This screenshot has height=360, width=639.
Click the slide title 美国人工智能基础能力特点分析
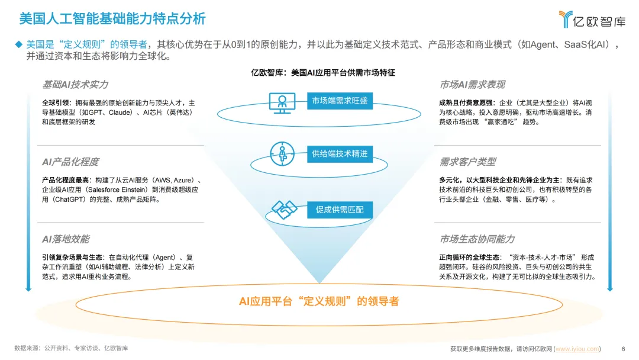click(x=112, y=18)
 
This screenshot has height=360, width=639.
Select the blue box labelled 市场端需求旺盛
click(x=340, y=101)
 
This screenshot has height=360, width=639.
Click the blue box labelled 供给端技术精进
click(x=340, y=154)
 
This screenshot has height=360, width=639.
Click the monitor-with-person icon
click(x=282, y=102)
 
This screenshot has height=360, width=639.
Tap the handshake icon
click(x=283, y=209)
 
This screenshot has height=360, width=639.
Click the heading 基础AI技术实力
click(x=75, y=85)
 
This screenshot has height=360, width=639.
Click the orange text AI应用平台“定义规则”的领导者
click(x=319, y=301)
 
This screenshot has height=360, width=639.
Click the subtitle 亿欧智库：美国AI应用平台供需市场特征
click(x=323, y=73)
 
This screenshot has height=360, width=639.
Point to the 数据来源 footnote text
click(x=71, y=348)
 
